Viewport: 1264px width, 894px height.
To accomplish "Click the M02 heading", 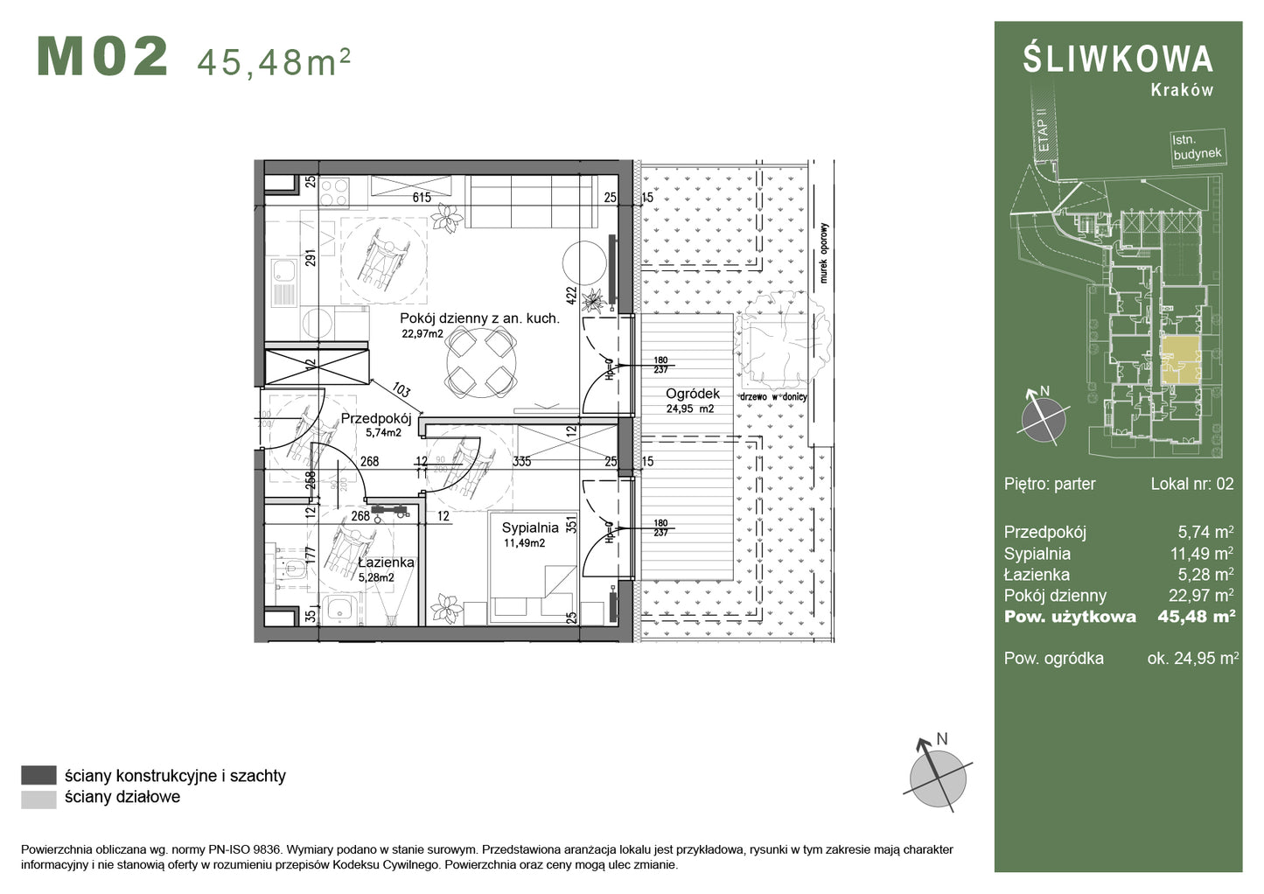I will coord(102,58).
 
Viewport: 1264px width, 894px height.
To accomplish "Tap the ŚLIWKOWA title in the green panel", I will coord(1118,59).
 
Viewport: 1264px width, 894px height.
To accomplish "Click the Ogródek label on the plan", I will coord(692,395).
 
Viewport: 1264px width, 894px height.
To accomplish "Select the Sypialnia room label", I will coord(530,528).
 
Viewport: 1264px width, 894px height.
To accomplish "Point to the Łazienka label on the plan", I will coord(385,562).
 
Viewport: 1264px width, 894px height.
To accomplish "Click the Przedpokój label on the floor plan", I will coord(375,419).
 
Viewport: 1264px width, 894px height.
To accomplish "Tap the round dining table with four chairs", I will coord(480,361).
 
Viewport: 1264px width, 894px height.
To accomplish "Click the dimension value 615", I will coord(422,198).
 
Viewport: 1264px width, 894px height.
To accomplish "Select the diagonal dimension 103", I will coord(401,390).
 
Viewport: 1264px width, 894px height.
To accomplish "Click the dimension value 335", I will coord(522,462).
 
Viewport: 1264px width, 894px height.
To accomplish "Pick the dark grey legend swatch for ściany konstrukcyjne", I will coord(38,775).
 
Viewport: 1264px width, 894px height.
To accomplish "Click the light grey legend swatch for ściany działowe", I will coord(38,798).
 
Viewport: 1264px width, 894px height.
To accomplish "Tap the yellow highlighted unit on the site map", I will coord(1178,359).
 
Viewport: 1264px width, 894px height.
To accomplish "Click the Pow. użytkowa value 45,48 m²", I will coord(1196,617).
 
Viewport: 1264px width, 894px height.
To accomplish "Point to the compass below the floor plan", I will coord(938,772).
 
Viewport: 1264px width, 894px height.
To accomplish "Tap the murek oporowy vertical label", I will coord(823,254).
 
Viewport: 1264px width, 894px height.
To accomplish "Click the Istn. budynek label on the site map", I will coord(1196,146).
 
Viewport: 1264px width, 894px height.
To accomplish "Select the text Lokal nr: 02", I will coord(1191,484).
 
